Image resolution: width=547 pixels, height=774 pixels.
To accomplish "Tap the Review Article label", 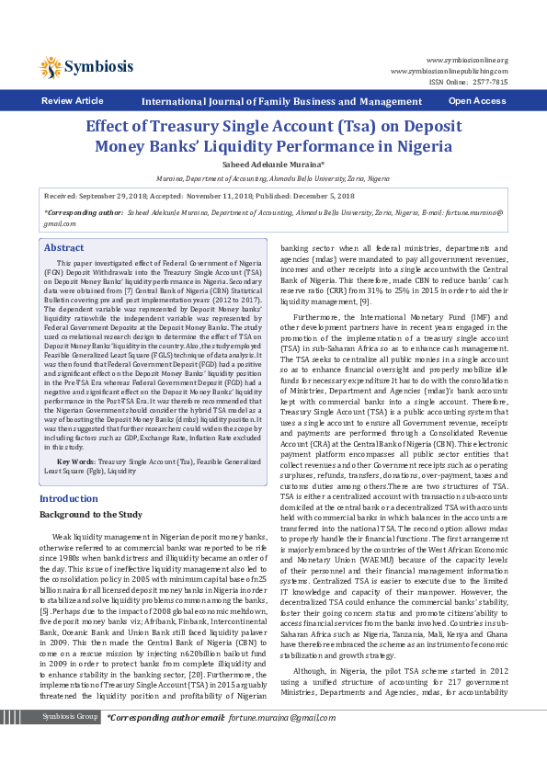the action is pos(73,101).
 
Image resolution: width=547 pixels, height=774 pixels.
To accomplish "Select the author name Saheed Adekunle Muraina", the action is pos(273,164).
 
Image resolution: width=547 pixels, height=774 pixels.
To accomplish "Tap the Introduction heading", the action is pos(69,498).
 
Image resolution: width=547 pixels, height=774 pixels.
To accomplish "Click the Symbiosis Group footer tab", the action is pos(70,742).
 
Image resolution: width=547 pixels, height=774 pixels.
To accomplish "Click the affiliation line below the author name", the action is pos(273,179).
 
